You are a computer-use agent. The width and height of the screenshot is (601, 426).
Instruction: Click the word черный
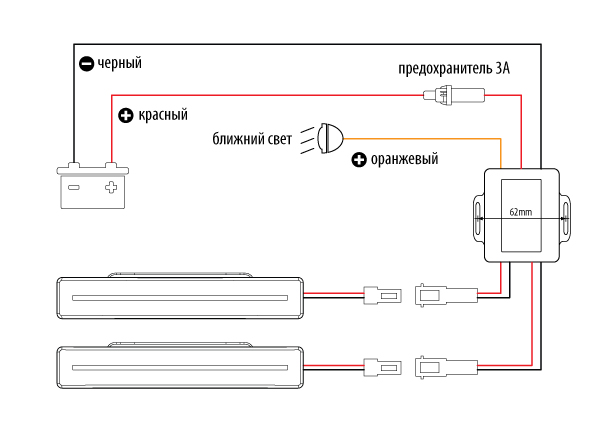click(x=120, y=63)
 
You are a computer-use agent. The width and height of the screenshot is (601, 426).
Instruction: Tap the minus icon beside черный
click(x=86, y=64)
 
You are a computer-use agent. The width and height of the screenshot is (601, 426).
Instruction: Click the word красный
click(x=163, y=115)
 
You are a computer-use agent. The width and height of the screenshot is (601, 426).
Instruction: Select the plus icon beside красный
click(x=125, y=115)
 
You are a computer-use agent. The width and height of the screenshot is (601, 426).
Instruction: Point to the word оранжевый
click(x=404, y=159)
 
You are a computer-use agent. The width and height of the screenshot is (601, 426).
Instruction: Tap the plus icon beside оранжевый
click(x=359, y=160)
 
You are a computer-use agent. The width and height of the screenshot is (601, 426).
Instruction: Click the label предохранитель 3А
click(x=454, y=69)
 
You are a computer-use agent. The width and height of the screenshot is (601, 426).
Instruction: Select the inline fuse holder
click(x=454, y=95)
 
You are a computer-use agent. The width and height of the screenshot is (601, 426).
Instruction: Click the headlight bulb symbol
click(x=330, y=138)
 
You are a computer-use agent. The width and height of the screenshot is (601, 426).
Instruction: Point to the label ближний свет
click(x=252, y=139)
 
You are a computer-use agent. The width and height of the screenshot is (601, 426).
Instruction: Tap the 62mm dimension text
click(x=521, y=212)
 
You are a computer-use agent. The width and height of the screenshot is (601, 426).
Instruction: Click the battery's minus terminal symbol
click(x=74, y=188)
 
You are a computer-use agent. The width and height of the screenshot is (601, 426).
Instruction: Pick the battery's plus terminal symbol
click(x=111, y=188)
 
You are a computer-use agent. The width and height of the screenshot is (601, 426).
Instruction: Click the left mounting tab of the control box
click(x=479, y=217)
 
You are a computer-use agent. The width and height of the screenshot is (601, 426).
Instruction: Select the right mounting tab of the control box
click(x=565, y=217)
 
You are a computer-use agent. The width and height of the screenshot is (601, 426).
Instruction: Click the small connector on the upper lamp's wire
click(x=382, y=295)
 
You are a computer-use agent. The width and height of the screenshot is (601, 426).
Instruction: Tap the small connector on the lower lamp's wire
click(x=382, y=367)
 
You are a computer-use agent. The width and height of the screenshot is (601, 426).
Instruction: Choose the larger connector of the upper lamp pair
click(x=446, y=295)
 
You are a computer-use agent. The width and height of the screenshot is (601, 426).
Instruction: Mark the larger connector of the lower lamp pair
click(x=446, y=367)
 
